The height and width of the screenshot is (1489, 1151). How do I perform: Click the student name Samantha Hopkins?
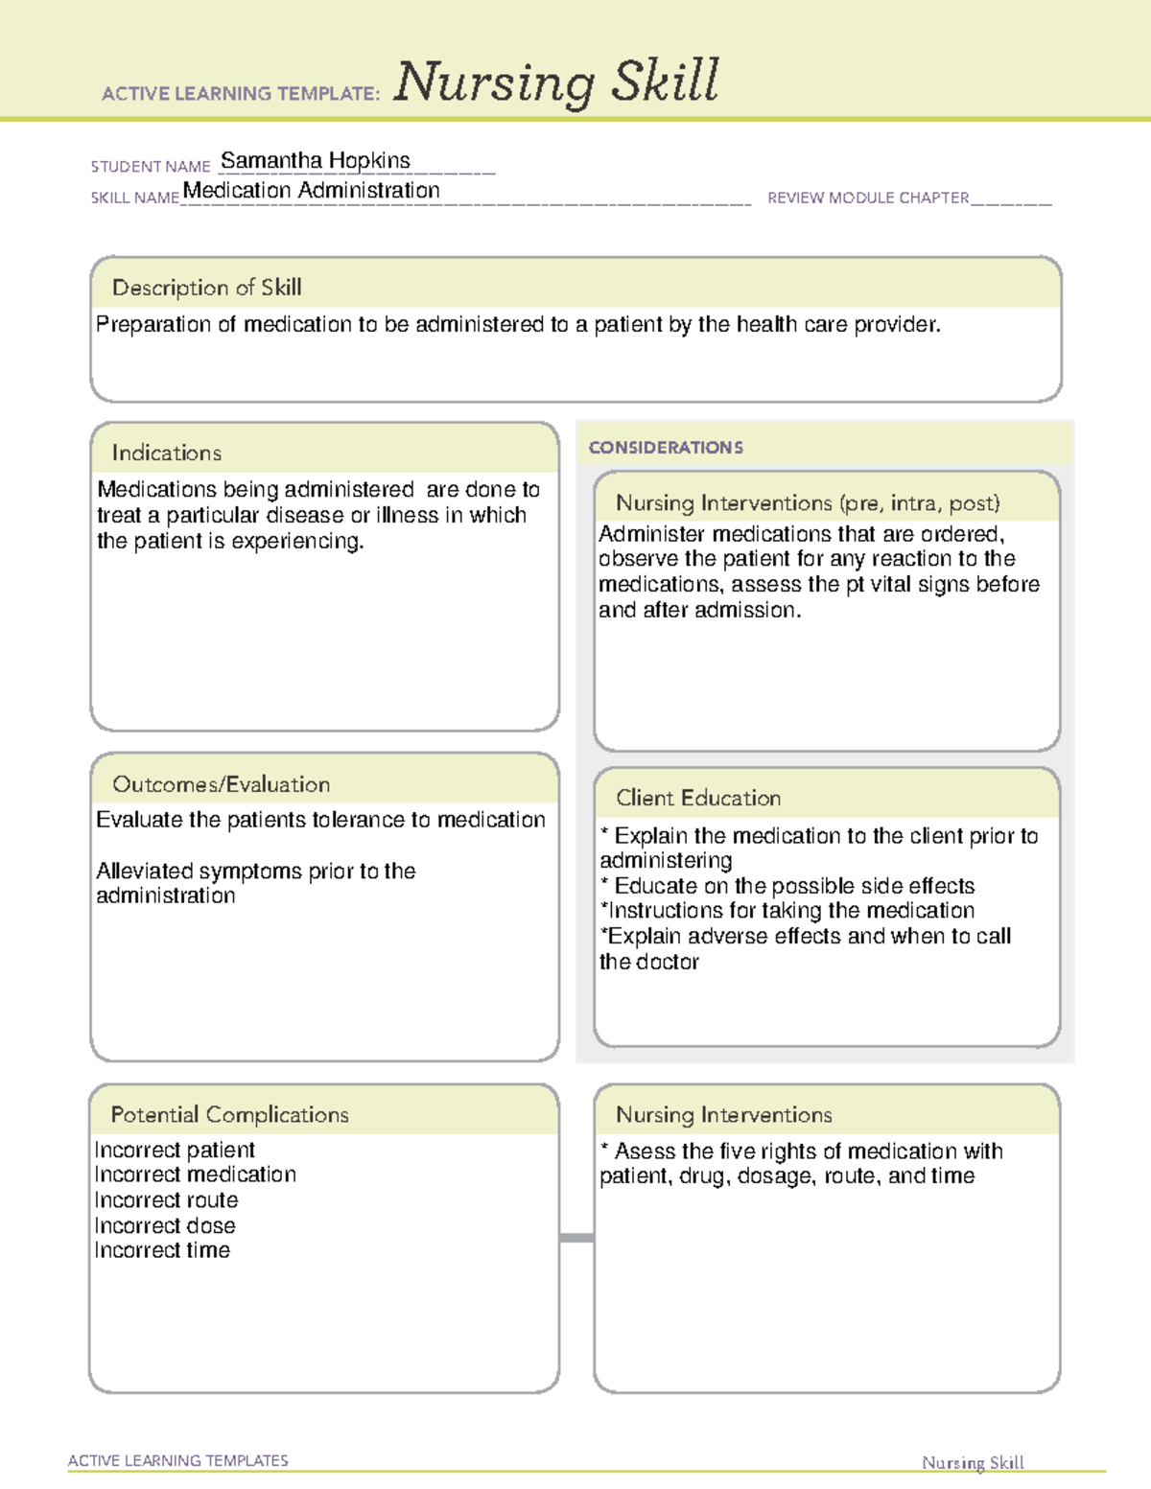pyautogui.click(x=315, y=160)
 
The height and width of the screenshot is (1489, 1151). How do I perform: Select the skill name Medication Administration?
pyautogui.click(x=311, y=190)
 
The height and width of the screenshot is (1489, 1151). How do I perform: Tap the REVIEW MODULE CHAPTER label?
pyautogui.click(x=867, y=198)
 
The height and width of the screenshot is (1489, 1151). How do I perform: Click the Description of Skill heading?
pyautogui.click(x=206, y=287)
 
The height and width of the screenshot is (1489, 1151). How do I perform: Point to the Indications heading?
pyautogui.click(x=166, y=453)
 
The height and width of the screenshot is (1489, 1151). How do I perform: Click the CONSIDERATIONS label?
pyautogui.click(x=666, y=448)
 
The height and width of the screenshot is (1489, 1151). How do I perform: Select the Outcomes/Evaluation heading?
pyautogui.click(x=221, y=784)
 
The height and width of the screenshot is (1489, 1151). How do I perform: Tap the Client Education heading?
pyautogui.click(x=697, y=798)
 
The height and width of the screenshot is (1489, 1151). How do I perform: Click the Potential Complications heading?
pyautogui.click(x=229, y=1114)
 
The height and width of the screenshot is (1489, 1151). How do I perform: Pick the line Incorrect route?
pyautogui.click(x=166, y=1199)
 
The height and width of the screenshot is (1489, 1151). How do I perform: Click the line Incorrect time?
pyautogui.click(x=162, y=1250)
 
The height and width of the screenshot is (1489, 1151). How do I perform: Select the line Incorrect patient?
pyautogui.click(x=175, y=1150)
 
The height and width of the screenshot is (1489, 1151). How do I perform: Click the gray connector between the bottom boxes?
pyautogui.click(x=576, y=1238)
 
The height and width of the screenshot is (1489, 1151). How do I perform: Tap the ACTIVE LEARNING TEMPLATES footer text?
pyautogui.click(x=177, y=1460)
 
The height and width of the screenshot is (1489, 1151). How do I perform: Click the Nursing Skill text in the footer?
pyautogui.click(x=972, y=1462)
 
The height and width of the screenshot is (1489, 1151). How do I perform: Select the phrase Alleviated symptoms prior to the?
pyautogui.click(x=255, y=871)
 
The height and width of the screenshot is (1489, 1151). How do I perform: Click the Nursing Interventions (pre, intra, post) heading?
pyautogui.click(x=808, y=503)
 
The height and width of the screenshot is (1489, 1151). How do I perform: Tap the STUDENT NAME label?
pyautogui.click(x=150, y=166)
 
